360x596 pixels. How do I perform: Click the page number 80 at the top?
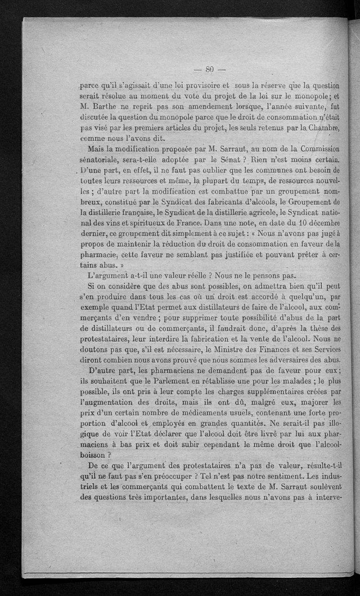pos(209,69)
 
